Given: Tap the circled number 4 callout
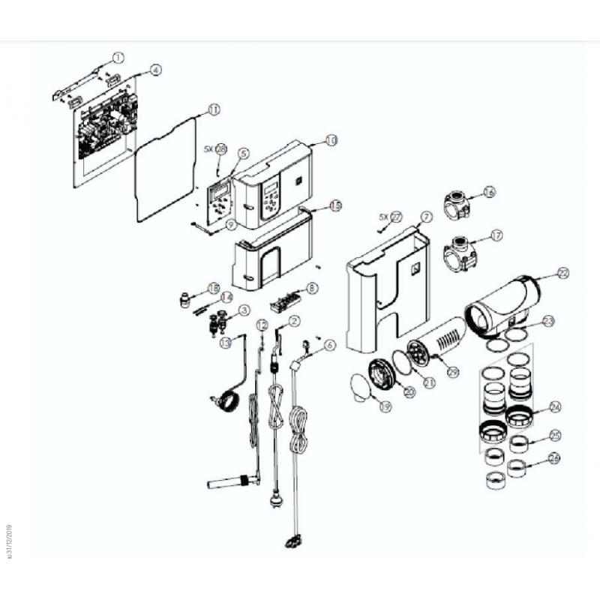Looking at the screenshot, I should click(155, 70).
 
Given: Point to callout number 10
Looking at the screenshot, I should click(331, 139).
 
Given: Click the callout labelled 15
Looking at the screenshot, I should click(334, 205).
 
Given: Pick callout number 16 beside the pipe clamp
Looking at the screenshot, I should click(489, 192).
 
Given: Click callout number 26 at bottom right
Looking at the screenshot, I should click(554, 457).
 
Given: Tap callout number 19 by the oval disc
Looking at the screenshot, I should click(385, 407).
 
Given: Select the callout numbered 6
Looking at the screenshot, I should click(330, 345).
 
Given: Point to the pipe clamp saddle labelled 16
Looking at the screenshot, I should click(459, 203).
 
